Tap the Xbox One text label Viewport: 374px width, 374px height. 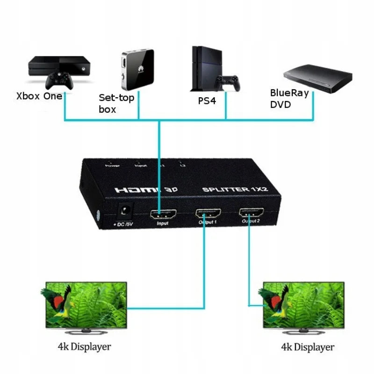[x=39, y=96]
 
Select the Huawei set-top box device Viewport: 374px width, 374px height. [x=137, y=70]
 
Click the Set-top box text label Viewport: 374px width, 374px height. [x=116, y=103]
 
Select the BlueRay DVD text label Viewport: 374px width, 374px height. [x=289, y=99]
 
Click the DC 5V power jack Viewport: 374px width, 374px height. [x=123, y=212]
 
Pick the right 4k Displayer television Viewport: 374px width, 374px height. [x=303, y=307]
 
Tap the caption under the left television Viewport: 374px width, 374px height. [x=84, y=347]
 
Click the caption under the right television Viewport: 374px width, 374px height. [x=307, y=347]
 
